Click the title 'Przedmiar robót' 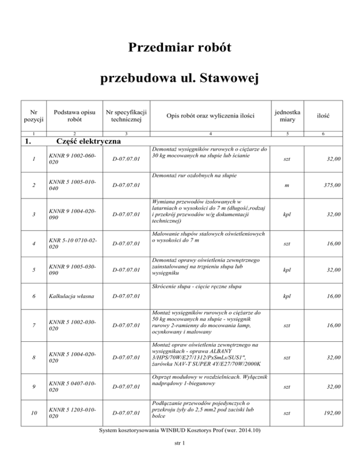(180, 48)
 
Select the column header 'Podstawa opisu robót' (75, 117)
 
